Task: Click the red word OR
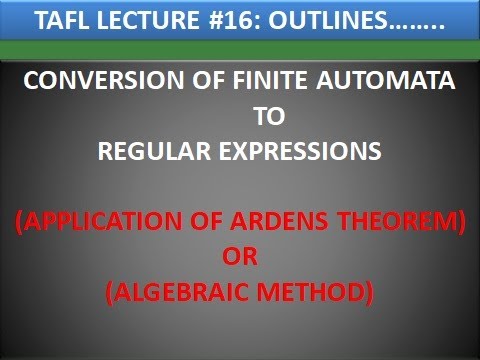(x=240, y=257)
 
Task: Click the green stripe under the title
(x=240, y=49)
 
